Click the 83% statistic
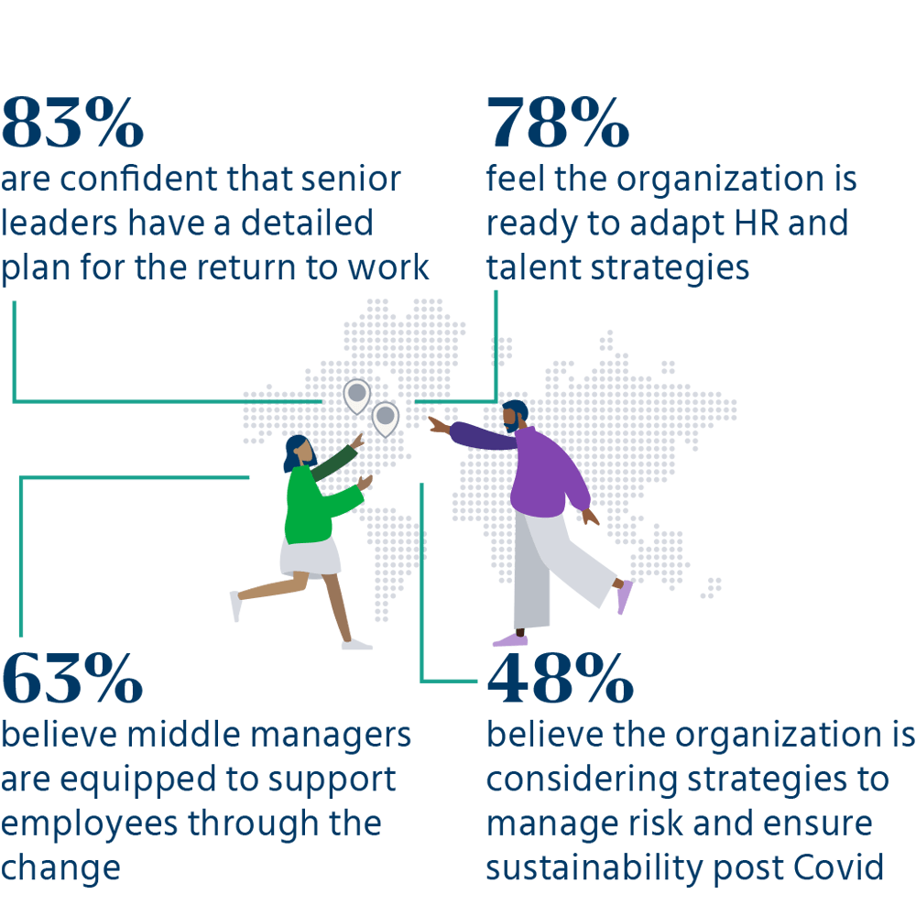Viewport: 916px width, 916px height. click(72, 123)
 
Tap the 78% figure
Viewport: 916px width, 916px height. click(558, 123)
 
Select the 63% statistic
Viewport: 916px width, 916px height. click(72, 678)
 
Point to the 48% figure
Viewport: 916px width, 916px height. click(561, 678)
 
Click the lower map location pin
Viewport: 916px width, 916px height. click(386, 419)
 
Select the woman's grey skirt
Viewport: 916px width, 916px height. click(311, 558)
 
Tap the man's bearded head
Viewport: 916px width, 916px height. click(515, 416)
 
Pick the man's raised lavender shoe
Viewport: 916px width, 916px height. click(625, 597)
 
